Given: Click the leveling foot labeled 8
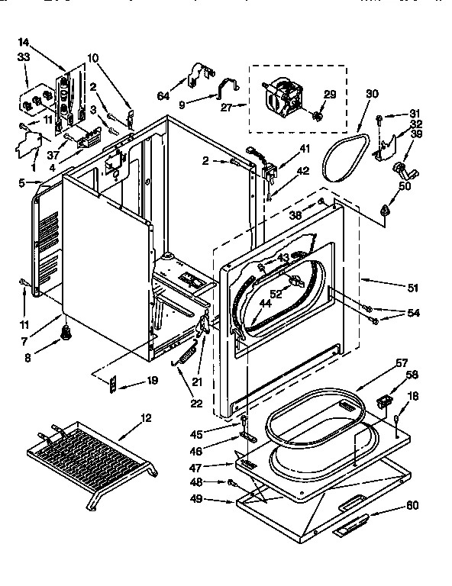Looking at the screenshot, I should coord(66,331).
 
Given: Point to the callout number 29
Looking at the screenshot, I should coord(329,94).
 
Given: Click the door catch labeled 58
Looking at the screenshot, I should coord(383,400).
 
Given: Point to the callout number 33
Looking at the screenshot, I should coord(23,57).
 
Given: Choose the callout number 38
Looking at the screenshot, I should coord(294,215).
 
